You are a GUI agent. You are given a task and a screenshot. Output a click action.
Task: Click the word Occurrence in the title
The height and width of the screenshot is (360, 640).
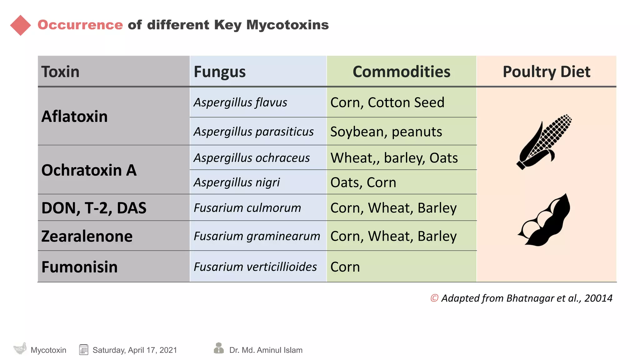tap(80, 25)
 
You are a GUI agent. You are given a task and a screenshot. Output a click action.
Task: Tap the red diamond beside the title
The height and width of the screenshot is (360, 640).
tap(21, 25)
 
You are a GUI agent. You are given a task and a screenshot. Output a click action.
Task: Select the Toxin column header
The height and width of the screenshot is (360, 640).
tap(60, 72)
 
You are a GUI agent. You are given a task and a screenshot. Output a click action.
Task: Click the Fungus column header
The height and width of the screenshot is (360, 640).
tap(220, 72)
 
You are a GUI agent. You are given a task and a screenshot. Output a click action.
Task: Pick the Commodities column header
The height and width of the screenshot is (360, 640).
tap(401, 72)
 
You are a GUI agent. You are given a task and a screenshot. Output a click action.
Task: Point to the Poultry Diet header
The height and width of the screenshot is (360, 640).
tap(546, 72)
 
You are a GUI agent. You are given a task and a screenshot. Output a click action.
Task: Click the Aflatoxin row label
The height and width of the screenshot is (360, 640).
tap(74, 116)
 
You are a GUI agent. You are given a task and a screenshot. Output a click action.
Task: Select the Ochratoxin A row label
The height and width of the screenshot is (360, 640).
tap(89, 170)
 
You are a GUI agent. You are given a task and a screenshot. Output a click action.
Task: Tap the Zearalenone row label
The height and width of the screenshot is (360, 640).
tap(87, 236)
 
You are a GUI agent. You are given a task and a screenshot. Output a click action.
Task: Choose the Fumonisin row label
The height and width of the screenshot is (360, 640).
tap(79, 267)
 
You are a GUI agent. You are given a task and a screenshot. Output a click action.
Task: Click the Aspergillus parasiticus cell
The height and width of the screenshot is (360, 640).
tap(253, 132)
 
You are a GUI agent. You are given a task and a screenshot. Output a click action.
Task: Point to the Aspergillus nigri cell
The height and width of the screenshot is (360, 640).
tap(237, 182)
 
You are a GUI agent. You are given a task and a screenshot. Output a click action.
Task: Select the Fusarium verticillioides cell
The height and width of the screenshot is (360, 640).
tap(255, 267)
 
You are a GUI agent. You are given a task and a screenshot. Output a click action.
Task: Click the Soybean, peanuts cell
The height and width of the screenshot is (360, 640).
tap(386, 132)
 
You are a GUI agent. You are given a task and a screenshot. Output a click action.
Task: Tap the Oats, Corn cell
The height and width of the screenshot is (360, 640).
tap(363, 182)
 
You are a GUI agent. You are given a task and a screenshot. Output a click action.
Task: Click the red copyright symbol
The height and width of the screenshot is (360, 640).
tap(434, 298)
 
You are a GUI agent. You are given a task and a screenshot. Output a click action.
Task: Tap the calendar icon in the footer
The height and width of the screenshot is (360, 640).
tap(84, 350)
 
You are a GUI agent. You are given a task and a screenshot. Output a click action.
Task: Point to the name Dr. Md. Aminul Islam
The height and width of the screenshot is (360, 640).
tap(266, 350)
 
